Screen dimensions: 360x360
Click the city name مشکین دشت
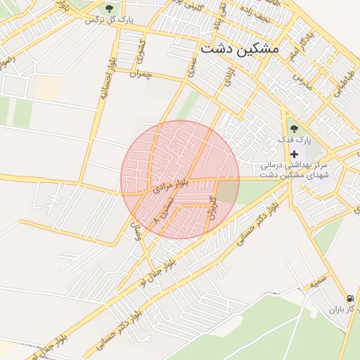[x=239, y=49]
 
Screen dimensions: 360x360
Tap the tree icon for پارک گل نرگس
[x=109, y=8]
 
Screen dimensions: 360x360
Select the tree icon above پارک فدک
[x=294, y=129]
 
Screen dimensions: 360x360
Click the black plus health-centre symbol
[x=294, y=153]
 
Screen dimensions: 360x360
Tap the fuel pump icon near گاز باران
[x=351, y=298]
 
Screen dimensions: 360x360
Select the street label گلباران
[x=212, y=205]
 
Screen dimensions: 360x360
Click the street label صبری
[x=192, y=67]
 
